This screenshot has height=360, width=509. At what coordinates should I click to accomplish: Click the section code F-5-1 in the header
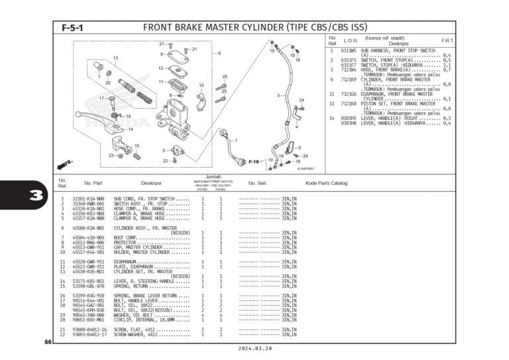click(73, 29)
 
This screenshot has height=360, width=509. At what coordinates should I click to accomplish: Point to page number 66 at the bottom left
click(48, 341)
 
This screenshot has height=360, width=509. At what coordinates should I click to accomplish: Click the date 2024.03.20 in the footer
click(254, 347)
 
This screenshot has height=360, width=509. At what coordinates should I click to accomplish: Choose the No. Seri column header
click(256, 183)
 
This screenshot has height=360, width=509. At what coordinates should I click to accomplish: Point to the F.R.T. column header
click(447, 40)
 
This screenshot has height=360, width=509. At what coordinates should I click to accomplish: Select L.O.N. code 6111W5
click(349, 50)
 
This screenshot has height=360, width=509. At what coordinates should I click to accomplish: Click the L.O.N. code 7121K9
click(349, 80)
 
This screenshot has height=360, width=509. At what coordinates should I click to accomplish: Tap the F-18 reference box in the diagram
click(254, 161)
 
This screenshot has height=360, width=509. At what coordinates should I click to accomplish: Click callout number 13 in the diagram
click(115, 58)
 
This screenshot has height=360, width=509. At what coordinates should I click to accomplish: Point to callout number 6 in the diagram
click(219, 53)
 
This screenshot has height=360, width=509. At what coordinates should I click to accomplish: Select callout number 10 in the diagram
click(201, 86)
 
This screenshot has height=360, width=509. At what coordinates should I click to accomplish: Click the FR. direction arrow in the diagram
click(66, 162)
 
